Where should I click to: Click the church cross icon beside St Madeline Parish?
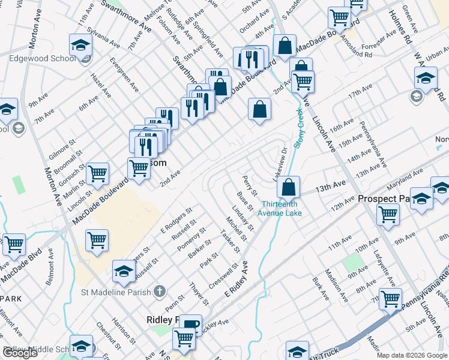click(159, 292)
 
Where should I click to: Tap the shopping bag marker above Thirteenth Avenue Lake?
click(289, 187)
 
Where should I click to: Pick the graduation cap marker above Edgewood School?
click(80, 46)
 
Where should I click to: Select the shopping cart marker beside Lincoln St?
click(97, 174)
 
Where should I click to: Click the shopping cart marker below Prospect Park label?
click(388, 214)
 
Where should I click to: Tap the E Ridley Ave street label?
click(236, 280)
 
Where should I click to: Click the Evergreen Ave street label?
click(124, 74)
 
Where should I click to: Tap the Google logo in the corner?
click(20, 353)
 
